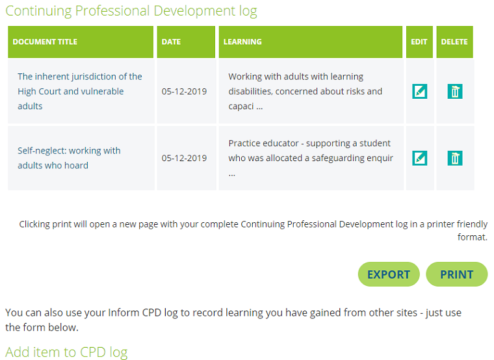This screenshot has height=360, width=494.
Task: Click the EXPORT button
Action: pos(389,274)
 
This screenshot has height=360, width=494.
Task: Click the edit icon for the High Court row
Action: pos(420,92)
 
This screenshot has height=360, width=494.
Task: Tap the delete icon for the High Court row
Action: pos(455,92)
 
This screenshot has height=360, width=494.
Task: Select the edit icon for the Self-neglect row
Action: pos(420,158)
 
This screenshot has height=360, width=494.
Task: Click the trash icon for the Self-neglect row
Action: pos(455,158)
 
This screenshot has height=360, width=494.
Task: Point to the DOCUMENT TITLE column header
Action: pos(45,42)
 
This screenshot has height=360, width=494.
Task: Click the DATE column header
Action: pos(171,42)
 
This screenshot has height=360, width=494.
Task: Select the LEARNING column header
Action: pos(242,42)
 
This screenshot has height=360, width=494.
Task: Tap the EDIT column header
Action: pos(419,42)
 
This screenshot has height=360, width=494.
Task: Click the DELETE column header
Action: pos(454,42)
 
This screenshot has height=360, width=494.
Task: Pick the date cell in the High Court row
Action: pos(184,92)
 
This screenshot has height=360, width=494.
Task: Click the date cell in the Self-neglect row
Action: pos(184,158)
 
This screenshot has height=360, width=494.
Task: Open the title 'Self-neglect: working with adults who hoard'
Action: pos(69,158)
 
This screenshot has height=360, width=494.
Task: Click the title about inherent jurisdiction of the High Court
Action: pos(79,92)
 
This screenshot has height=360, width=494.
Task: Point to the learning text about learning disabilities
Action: pos(305,92)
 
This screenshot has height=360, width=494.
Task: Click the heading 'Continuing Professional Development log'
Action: pos(131,11)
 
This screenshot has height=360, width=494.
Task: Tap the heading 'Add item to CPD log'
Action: pos(66,352)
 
